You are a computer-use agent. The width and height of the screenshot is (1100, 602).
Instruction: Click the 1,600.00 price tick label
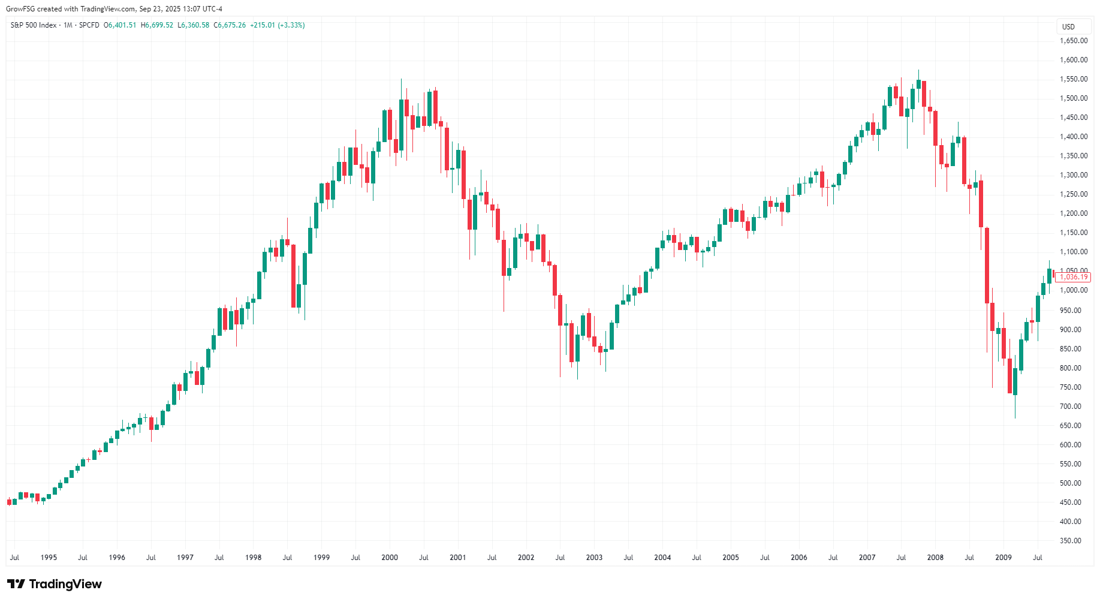1074,60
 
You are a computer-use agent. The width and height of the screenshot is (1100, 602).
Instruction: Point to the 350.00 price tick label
1071,541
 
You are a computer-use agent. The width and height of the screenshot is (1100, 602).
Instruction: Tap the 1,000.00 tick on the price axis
1074,290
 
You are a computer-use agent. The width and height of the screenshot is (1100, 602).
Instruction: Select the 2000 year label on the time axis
390,558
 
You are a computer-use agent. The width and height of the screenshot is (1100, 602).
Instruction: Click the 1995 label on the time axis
49,558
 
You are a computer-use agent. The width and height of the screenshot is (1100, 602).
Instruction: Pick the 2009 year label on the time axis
1003,558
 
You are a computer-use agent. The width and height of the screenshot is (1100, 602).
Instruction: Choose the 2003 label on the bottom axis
594,558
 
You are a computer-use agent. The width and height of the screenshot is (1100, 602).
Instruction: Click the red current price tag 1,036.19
1073,277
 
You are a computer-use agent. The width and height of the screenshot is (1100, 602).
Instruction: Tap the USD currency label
1068,27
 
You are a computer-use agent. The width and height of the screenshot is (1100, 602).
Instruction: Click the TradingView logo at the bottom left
55,584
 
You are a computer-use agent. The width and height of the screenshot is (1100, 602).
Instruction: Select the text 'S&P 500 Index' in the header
34,25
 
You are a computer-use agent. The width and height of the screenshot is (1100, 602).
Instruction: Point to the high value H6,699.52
157,25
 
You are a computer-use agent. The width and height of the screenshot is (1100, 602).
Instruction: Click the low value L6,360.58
194,25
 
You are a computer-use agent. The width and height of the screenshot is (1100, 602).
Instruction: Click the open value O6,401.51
120,25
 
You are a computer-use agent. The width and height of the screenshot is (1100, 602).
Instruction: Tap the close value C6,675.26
230,25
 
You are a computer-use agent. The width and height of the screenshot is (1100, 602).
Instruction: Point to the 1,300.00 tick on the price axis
1074,175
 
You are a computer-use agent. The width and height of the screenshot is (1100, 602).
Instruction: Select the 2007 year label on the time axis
867,558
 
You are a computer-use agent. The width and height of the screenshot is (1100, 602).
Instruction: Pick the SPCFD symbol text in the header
89,25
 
